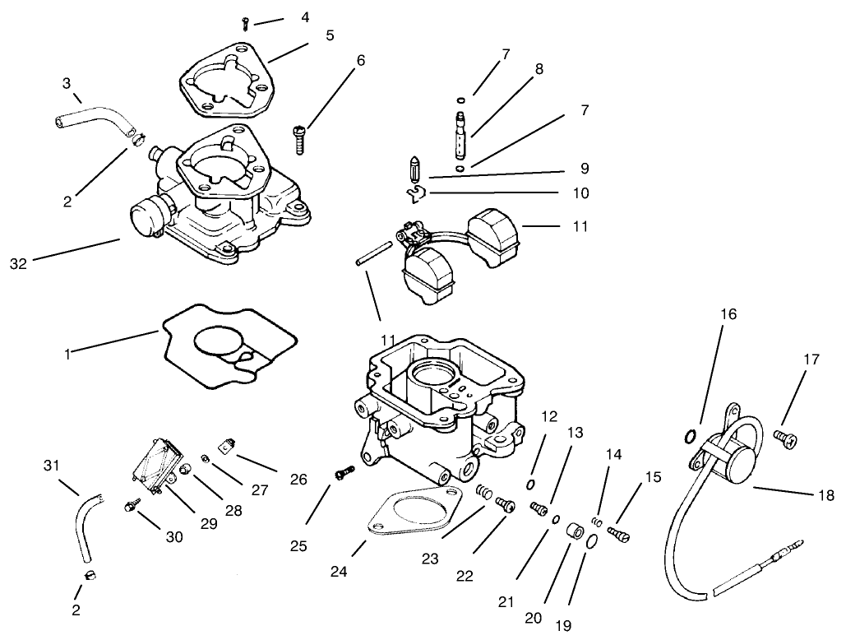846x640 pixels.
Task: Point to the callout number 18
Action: (826, 495)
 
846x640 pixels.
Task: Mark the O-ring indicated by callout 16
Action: (691, 435)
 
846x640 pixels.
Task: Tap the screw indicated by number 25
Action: (344, 473)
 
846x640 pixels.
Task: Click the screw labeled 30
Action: (131, 508)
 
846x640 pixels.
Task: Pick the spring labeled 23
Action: (486, 495)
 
